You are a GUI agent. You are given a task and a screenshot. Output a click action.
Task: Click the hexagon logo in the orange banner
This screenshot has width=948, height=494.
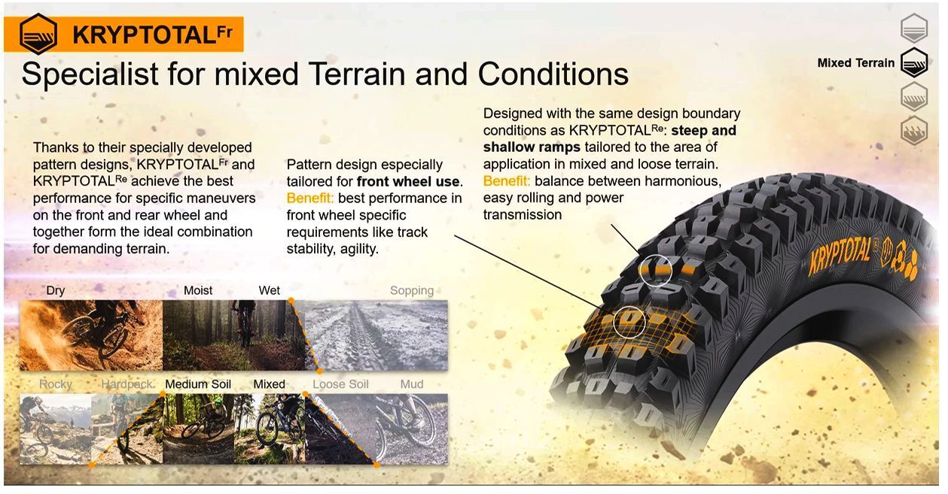pyautogui.click(x=38, y=35)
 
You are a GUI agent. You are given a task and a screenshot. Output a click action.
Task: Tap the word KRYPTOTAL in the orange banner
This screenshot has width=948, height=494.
pyautogui.click(x=145, y=35)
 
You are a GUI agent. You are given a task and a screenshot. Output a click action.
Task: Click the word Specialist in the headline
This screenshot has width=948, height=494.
pyautogui.click(x=90, y=74)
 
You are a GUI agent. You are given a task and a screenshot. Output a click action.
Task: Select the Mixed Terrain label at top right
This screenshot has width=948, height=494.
pyautogui.click(x=855, y=63)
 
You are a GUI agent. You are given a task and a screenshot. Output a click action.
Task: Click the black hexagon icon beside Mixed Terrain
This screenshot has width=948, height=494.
pyautogui.click(x=914, y=63)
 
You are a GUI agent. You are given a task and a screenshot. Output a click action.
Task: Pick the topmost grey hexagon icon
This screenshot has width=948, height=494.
pyautogui.click(x=914, y=29)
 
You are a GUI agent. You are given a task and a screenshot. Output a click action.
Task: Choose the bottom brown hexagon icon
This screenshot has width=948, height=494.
pyautogui.click(x=914, y=131)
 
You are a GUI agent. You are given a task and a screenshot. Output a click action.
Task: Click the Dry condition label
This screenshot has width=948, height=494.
pyautogui.click(x=56, y=291)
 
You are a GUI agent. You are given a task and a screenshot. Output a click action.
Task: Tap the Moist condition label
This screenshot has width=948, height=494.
pyautogui.click(x=198, y=291)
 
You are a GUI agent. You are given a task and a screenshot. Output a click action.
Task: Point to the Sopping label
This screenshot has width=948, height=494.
pyautogui.click(x=412, y=291)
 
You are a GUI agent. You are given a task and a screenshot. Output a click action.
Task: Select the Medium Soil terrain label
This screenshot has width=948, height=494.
pyautogui.click(x=198, y=384)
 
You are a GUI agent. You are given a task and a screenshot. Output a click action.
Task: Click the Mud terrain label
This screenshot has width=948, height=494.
pyautogui.click(x=412, y=384)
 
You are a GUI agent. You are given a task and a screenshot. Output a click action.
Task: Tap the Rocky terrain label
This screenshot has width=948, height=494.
pyautogui.click(x=56, y=384)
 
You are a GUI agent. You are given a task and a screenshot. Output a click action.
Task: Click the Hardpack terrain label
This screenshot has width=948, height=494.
pyautogui.click(x=127, y=384)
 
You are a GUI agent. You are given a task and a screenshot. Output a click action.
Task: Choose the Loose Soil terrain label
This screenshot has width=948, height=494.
pyautogui.click(x=340, y=384)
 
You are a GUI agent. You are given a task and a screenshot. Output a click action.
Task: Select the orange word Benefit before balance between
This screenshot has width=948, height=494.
pyautogui.click(x=506, y=181)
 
